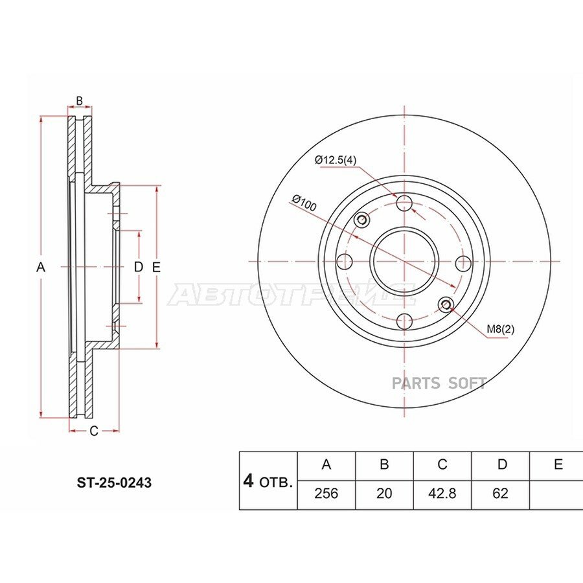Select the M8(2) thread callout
click(x=501, y=329)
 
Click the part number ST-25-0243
click(x=114, y=483)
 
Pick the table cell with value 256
click(x=326, y=494)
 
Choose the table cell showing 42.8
click(x=442, y=494)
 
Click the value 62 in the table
click(x=500, y=494)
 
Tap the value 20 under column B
click(x=384, y=494)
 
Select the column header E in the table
click(x=558, y=464)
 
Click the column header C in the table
click(x=442, y=464)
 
